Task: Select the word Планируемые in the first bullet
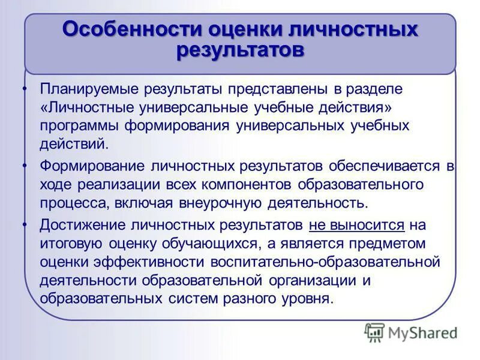click(90, 89)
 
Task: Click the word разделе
click(373, 89)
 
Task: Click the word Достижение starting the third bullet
click(82, 225)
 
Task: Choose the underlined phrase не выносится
click(357, 225)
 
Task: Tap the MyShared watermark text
click(422, 332)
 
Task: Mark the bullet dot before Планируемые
click(25, 89)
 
